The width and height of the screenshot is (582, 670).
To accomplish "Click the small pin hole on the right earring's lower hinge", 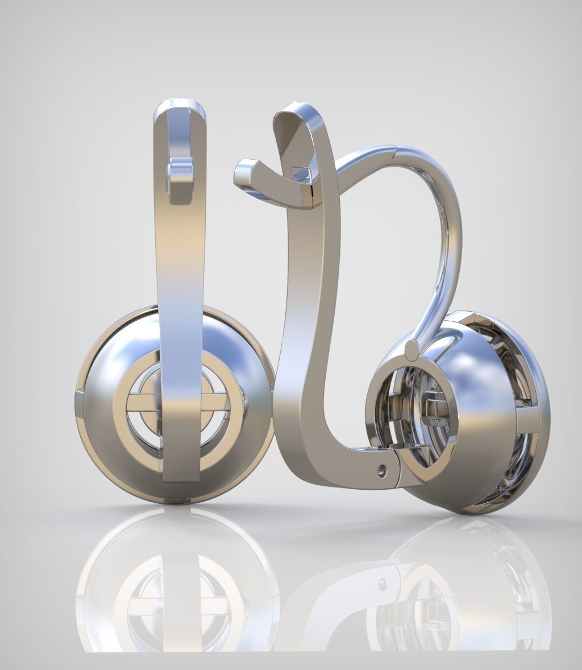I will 382,469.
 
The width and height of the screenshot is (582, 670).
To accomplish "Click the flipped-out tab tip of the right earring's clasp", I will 243,169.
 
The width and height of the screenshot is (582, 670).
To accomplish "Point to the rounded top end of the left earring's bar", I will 180,108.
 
